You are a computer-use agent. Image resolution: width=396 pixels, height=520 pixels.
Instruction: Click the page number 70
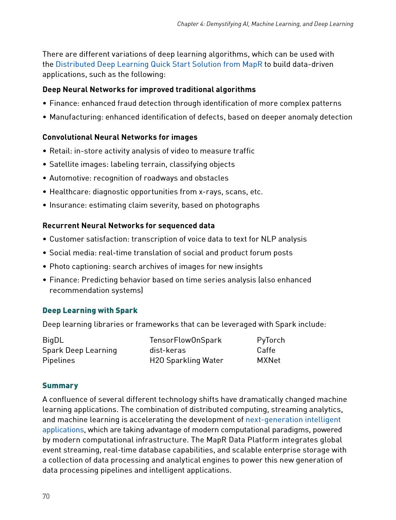46,496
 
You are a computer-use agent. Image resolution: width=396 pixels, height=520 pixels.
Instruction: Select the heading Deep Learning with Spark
90,311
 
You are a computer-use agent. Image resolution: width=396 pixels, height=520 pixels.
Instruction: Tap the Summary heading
60,386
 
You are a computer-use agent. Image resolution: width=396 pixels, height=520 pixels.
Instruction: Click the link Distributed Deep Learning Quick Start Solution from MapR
159,64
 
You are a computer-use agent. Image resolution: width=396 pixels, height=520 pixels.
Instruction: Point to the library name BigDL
53,340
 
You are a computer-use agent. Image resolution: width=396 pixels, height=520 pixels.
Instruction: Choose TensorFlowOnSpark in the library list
186,340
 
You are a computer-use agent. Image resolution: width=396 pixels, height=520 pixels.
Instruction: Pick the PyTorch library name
271,340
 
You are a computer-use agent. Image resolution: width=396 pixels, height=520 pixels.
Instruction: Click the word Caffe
266,350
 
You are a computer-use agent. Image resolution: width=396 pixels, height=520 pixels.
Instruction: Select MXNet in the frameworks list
269,360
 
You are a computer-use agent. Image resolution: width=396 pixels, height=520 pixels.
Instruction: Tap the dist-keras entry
167,350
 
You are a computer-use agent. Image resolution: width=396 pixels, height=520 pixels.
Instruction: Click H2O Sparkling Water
186,360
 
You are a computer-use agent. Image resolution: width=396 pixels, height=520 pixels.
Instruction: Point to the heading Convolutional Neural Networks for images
120,137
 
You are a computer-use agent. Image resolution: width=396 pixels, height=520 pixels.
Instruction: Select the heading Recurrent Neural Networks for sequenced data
129,226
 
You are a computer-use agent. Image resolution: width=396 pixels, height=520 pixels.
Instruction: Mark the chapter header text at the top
265,24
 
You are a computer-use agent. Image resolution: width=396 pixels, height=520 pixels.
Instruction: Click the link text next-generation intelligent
293,420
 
